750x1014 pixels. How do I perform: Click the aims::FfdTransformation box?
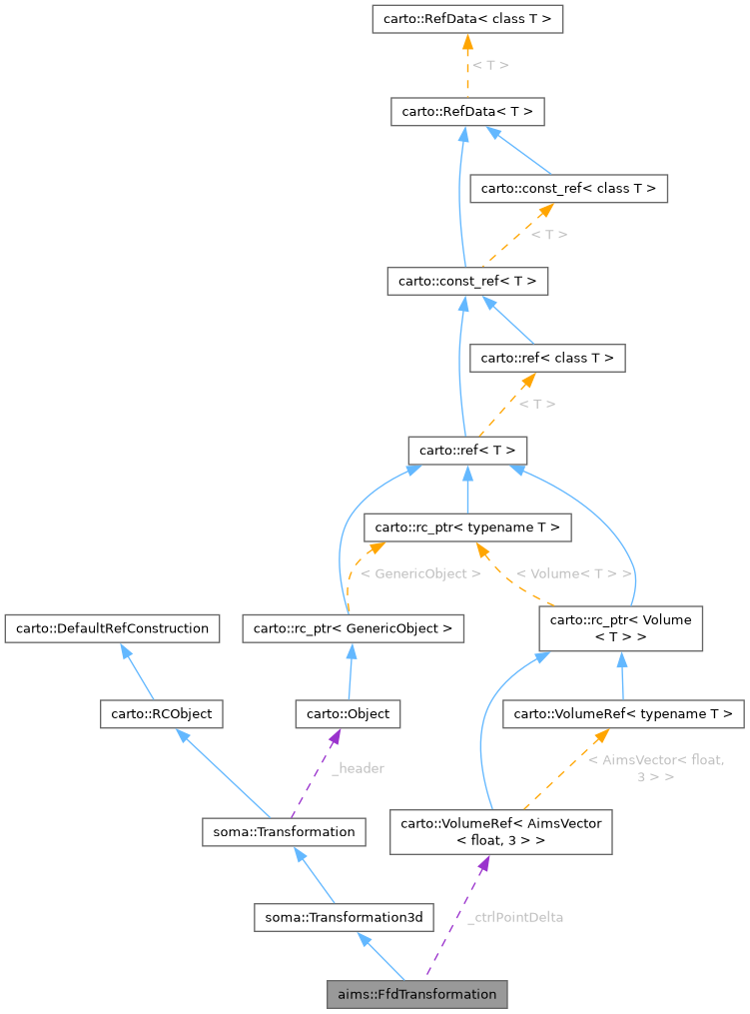pyautogui.click(x=416, y=994)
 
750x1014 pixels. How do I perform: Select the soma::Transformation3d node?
pyautogui.click(x=344, y=916)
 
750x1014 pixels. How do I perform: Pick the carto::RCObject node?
pyautogui.click(x=161, y=713)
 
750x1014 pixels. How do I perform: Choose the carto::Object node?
pyautogui.click(x=348, y=713)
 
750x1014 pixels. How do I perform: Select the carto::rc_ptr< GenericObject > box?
pyautogui.click(x=353, y=628)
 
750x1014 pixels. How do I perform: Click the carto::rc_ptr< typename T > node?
pyautogui.click(x=468, y=526)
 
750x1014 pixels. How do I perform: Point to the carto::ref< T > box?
pyautogui.click(x=466, y=450)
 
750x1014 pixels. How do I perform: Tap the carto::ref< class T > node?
pyautogui.click(x=548, y=357)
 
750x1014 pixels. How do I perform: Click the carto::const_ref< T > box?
pyautogui.click(x=467, y=281)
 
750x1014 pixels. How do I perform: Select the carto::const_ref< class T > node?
pyautogui.click(x=568, y=188)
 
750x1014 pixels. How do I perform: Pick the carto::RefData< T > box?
pyautogui.click(x=467, y=111)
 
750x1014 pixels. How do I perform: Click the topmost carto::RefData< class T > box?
pyautogui.click(x=467, y=18)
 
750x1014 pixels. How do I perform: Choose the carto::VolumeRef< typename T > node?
pyautogui.click(x=624, y=713)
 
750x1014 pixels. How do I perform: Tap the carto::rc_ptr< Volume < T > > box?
pyautogui.click(x=621, y=628)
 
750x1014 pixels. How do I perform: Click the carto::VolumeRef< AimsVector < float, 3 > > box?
pyautogui.click(x=500, y=831)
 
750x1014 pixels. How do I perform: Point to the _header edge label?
pyautogui.click(x=358, y=768)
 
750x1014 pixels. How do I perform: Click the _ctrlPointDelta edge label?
pyautogui.click(x=514, y=916)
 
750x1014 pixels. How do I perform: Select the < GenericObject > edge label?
pyautogui.click(x=420, y=573)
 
